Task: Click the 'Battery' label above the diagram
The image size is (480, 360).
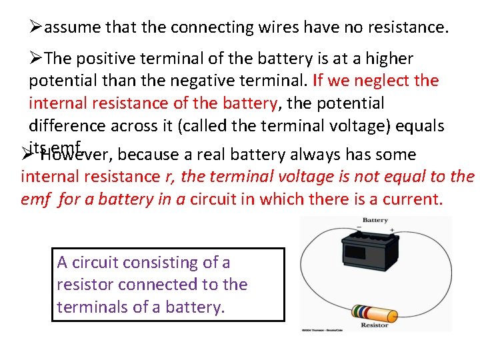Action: (x=375, y=220)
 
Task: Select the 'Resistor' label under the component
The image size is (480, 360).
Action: (x=374, y=325)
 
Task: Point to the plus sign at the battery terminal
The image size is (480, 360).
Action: (x=392, y=231)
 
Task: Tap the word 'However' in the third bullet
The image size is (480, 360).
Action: (x=75, y=155)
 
